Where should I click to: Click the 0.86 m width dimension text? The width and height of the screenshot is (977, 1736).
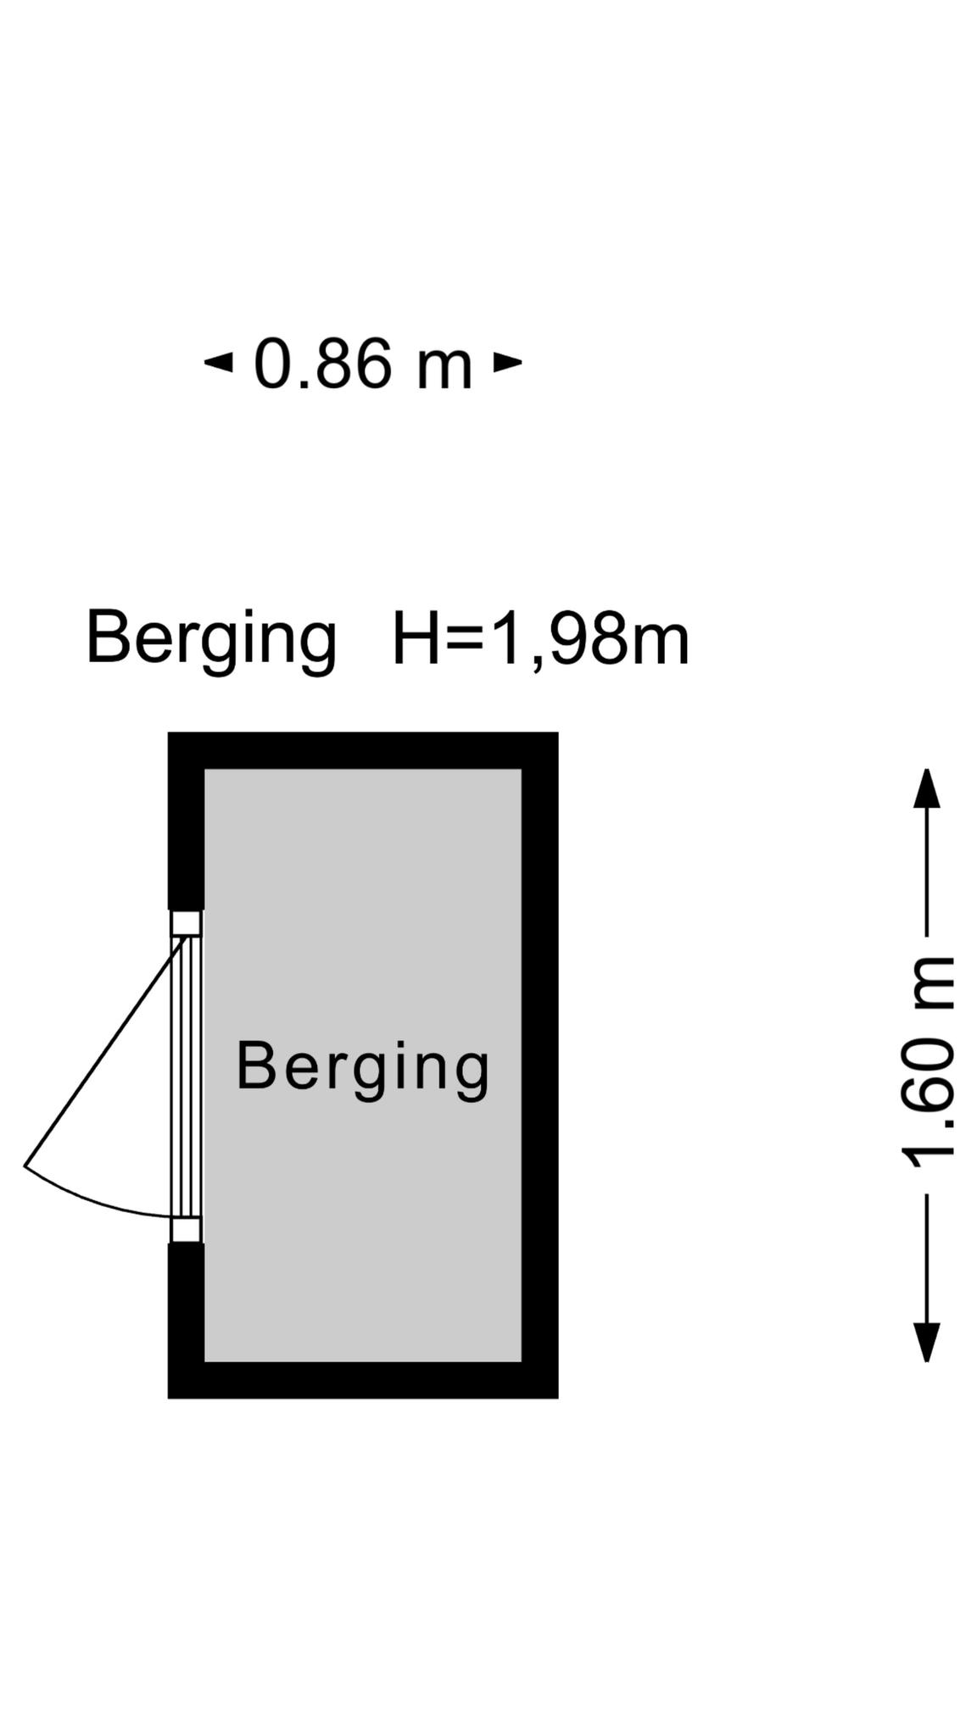363,364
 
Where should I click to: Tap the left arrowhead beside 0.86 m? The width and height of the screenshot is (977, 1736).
218,363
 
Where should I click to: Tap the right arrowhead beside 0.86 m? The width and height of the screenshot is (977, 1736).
508,363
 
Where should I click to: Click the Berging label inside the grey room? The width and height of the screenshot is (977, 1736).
363,1069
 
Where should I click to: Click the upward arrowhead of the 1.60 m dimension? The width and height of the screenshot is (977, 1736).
926,788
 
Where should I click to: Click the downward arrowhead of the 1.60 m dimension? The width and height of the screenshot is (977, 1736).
926,1342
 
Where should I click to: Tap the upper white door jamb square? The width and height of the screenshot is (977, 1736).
187,923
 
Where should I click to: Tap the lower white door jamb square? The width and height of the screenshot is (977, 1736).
187,1230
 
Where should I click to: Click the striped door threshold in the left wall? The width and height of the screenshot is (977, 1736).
187,1077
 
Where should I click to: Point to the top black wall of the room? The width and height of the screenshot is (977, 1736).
363,750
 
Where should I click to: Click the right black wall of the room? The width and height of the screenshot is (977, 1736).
540,1065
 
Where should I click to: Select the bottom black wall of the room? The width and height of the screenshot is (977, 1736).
363,1380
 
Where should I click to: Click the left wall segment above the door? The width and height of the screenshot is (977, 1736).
186,821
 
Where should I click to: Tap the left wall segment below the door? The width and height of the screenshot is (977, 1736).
186,1320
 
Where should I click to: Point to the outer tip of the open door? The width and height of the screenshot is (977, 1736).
25,1167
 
